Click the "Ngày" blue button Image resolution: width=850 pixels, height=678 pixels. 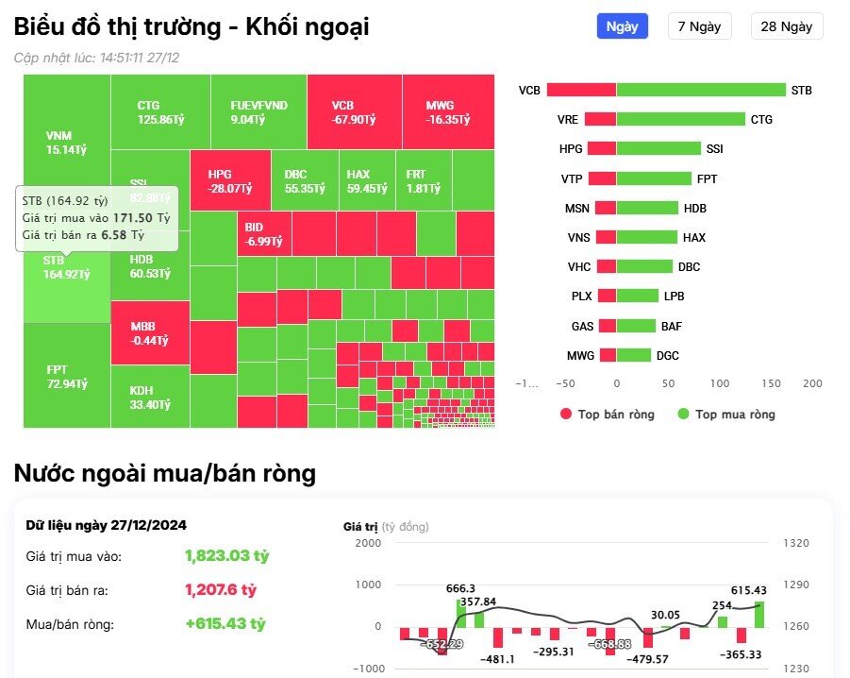coord(622,26)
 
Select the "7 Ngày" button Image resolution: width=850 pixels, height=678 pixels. coord(699,26)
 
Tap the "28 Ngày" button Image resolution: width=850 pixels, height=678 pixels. coord(786,26)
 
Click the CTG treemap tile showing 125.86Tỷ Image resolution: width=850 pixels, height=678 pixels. coord(159,111)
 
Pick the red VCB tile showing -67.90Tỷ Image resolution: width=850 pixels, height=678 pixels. coord(354,111)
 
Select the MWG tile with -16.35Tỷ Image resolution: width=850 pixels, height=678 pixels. coord(448,111)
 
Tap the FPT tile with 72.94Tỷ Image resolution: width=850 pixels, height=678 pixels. coord(67,375)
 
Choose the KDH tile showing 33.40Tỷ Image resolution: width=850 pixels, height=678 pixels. coord(150,397)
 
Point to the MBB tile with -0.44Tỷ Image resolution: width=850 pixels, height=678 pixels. coord(150,332)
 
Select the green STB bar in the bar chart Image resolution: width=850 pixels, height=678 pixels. coord(700,91)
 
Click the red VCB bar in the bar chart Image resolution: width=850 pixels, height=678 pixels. coord(581,91)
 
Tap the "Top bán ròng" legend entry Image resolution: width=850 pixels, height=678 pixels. coord(608,414)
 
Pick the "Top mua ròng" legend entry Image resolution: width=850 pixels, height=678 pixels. coord(725,414)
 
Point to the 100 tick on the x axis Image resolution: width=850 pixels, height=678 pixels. coord(720,383)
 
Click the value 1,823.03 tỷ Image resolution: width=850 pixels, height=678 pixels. coord(226,555)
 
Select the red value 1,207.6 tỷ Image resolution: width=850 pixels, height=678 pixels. coord(220,589)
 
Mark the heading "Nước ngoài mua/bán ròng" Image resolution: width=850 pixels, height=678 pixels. coord(164,473)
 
